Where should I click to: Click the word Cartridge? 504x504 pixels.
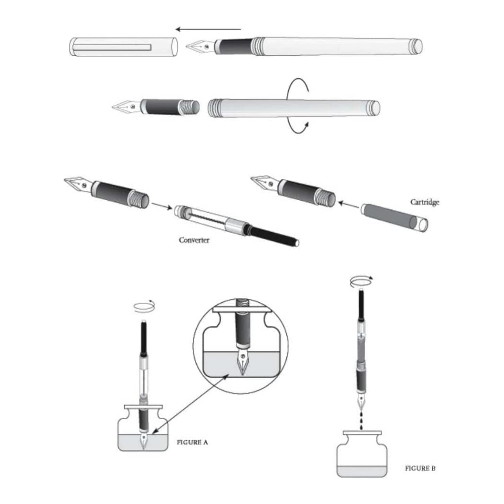point(425,202)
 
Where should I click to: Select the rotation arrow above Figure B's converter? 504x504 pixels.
point(361,282)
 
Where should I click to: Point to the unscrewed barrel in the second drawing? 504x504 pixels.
point(294,108)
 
